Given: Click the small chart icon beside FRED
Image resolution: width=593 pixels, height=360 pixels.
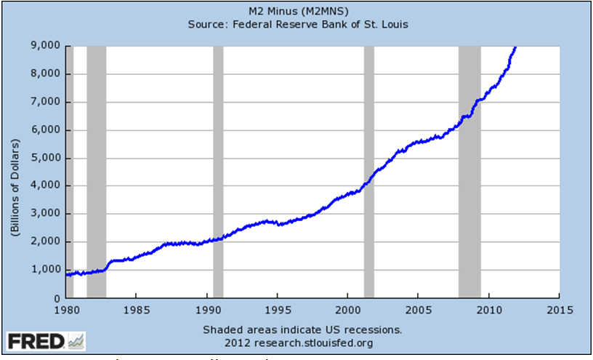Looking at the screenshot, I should (76, 340).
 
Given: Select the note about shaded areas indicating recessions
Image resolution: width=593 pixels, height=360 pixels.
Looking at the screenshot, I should (302, 328).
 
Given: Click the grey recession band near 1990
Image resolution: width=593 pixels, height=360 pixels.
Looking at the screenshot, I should (218, 172).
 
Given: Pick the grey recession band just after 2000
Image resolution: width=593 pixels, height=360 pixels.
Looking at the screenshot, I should (368, 172).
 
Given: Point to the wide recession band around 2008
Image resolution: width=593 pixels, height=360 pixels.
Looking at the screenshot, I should (469, 172).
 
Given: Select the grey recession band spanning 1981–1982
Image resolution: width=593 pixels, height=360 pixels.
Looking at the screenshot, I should (96, 172).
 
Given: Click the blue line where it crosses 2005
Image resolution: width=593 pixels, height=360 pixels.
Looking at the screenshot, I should (418, 142).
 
